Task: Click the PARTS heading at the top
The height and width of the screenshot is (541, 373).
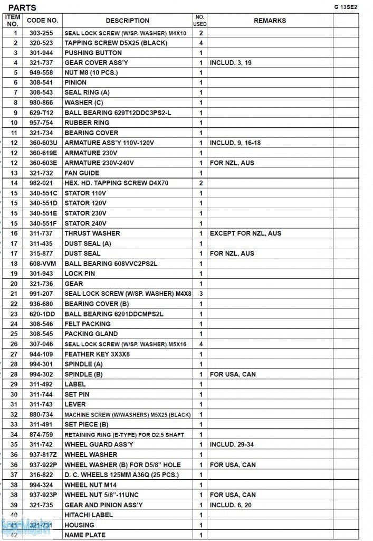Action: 23,7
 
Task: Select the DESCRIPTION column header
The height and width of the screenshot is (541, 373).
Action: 127,21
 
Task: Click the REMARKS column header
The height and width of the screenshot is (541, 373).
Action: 270,21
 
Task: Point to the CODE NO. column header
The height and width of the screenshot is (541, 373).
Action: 42,21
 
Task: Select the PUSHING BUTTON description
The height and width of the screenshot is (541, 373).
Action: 93,53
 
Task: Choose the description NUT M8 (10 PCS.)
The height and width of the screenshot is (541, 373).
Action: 91,72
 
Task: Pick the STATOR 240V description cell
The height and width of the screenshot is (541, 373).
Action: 85,223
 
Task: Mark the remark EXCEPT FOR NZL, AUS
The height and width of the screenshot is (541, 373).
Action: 245,234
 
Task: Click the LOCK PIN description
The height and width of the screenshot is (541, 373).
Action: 81,274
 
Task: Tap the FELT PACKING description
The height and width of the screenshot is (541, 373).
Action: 88,324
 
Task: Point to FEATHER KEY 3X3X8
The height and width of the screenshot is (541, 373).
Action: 97,354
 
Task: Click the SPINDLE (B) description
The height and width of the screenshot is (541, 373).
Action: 83,374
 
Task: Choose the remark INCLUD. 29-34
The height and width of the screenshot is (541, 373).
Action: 232,445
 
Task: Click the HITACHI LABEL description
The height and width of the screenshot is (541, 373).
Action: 89,515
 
